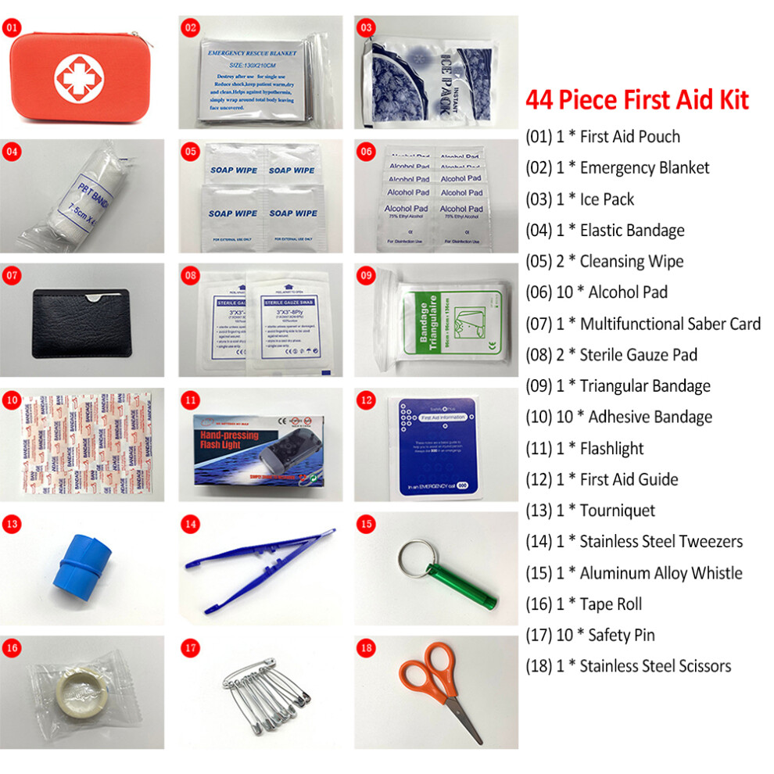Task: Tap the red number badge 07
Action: tap(12, 275)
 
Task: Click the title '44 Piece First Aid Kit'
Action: tap(636, 100)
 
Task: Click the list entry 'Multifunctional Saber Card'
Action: tap(643, 323)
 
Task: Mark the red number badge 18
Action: tap(365, 647)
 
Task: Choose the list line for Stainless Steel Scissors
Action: tap(629, 666)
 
